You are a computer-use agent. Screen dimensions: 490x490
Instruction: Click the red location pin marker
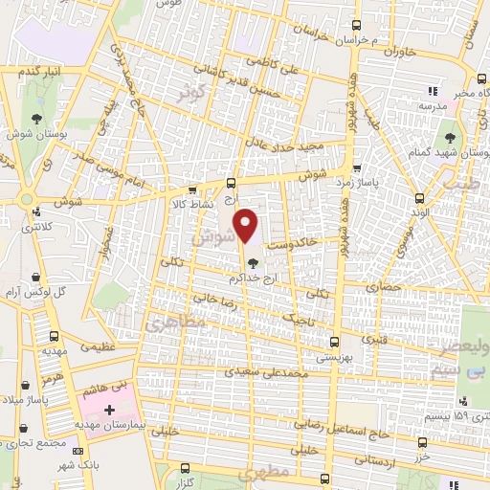coord(248,226)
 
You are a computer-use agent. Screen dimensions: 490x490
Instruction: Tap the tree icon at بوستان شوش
coord(36,119)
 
